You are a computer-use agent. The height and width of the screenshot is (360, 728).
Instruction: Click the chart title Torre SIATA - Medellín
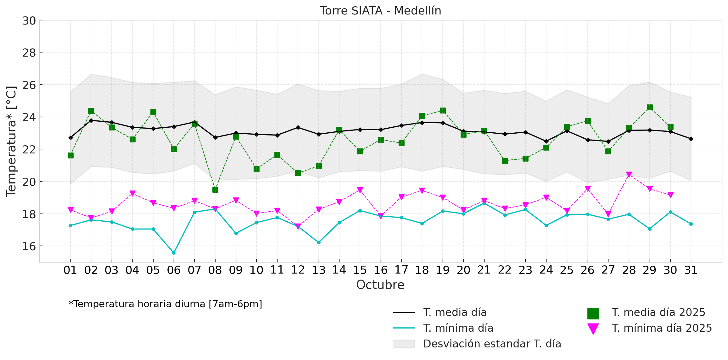point(380,11)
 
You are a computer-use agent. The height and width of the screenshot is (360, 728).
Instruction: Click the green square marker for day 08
point(215,190)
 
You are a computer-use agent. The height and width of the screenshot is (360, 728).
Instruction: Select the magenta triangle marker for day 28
point(629,174)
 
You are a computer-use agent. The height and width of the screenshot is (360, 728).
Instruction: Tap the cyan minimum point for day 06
point(174,253)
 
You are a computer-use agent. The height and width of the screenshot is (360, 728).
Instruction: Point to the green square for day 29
point(650,108)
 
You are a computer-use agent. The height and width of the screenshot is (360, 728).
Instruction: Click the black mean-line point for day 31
point(691,139)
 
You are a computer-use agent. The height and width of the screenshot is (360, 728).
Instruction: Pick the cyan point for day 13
point(319,242)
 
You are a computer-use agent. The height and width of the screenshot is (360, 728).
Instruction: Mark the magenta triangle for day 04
point(132,193)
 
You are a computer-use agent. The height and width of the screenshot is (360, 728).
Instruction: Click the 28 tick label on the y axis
point(29,53)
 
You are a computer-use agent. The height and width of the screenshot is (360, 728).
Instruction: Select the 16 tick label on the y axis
point(29,246)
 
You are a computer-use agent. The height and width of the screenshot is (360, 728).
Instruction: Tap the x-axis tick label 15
point(360,270)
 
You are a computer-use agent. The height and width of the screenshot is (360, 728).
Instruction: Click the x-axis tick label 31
point(691,270)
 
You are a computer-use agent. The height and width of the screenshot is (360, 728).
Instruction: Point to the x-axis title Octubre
point(380,285)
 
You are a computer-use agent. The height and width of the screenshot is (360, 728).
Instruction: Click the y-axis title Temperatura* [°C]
point(11,141)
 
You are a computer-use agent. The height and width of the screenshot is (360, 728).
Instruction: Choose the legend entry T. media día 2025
point(658,313)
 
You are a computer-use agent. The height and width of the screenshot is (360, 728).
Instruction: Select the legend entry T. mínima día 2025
point(662,328)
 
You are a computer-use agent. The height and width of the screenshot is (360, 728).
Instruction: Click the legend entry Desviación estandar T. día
point(492,344)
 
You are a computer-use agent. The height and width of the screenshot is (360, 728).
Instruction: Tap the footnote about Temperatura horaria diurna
point(165,304)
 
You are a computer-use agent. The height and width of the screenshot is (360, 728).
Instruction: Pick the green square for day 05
point(153,112)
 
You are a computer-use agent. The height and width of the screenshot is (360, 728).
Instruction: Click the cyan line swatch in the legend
point(404,328)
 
